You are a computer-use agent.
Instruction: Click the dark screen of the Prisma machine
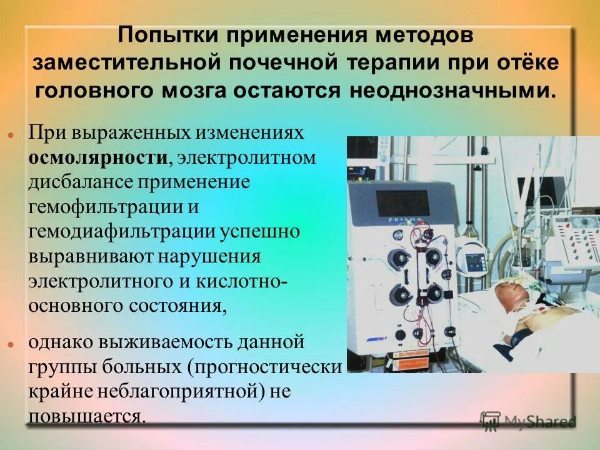click(x=402, y=204)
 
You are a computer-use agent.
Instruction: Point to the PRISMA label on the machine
click(x=402, y=221)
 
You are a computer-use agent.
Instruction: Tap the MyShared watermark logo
click(x=527, y=421)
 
